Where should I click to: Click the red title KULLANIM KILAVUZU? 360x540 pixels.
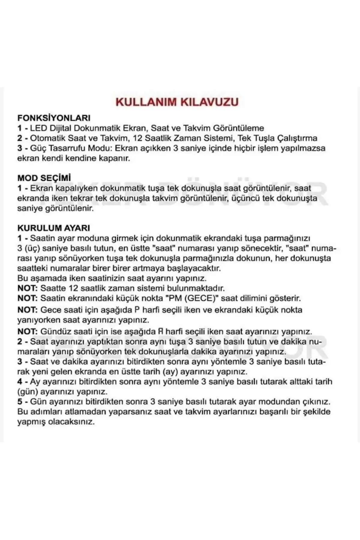coord(177,102)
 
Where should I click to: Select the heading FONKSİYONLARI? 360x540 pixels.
coord(54,118)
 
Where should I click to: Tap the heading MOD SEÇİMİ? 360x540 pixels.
coord(44,178)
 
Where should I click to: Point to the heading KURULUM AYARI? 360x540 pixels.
coord(53,228)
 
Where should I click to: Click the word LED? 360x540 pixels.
coord(38,128)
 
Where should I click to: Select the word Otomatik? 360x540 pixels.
coord(48,138)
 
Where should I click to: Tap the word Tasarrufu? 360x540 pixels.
coord(69,148)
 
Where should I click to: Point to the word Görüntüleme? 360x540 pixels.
coord(238,128)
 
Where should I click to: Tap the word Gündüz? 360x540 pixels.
coord(56,332)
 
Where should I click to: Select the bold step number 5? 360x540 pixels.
coord(19,402)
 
